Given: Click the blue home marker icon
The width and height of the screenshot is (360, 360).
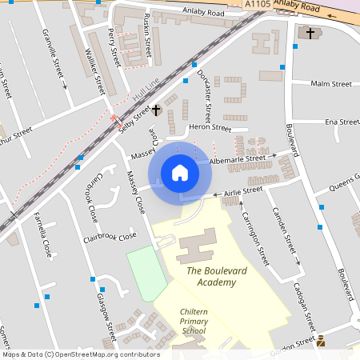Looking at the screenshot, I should (x=180, y=173).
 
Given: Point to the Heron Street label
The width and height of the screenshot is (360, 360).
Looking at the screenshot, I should (x=210, y=128).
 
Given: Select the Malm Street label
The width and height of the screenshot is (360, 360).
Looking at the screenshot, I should (x=331, y=83).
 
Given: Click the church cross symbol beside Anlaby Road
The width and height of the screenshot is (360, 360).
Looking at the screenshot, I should (x=310, y=33).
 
